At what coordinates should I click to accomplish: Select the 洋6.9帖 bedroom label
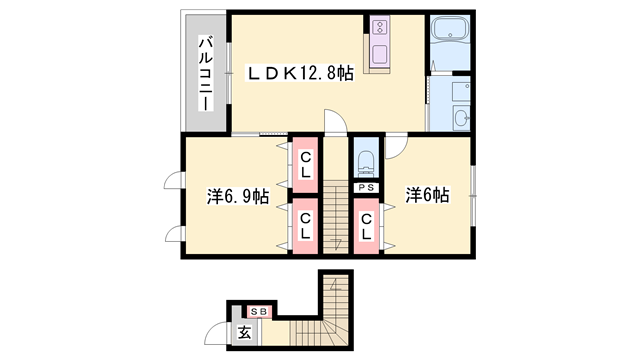pyautogui.click(x=237, y=196)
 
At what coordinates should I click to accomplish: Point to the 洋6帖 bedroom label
pyautogui.click(x=428, y=194)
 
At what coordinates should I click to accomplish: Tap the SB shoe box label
pyautogui.click(x=257, y=311)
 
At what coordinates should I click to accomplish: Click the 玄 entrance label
pyautogui.click(x=243, y=333)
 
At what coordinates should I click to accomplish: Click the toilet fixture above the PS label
pyautogui.click(x=366, y=160)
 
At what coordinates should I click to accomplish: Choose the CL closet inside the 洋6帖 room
pyautogui.click(x=366, y=227)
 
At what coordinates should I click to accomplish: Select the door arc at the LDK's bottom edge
pyautogui.click(x=337, y=122)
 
